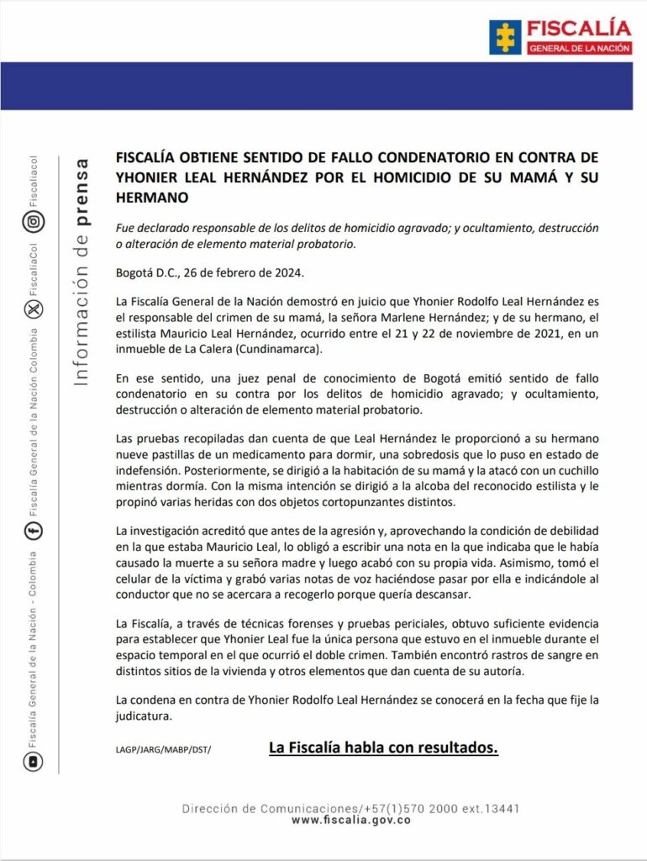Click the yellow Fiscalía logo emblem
[505, 37]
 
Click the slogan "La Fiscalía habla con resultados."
[383, 747]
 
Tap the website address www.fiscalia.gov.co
[350, 820]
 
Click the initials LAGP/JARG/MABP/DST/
[163, 749]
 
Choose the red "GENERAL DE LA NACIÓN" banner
[580, 49]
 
